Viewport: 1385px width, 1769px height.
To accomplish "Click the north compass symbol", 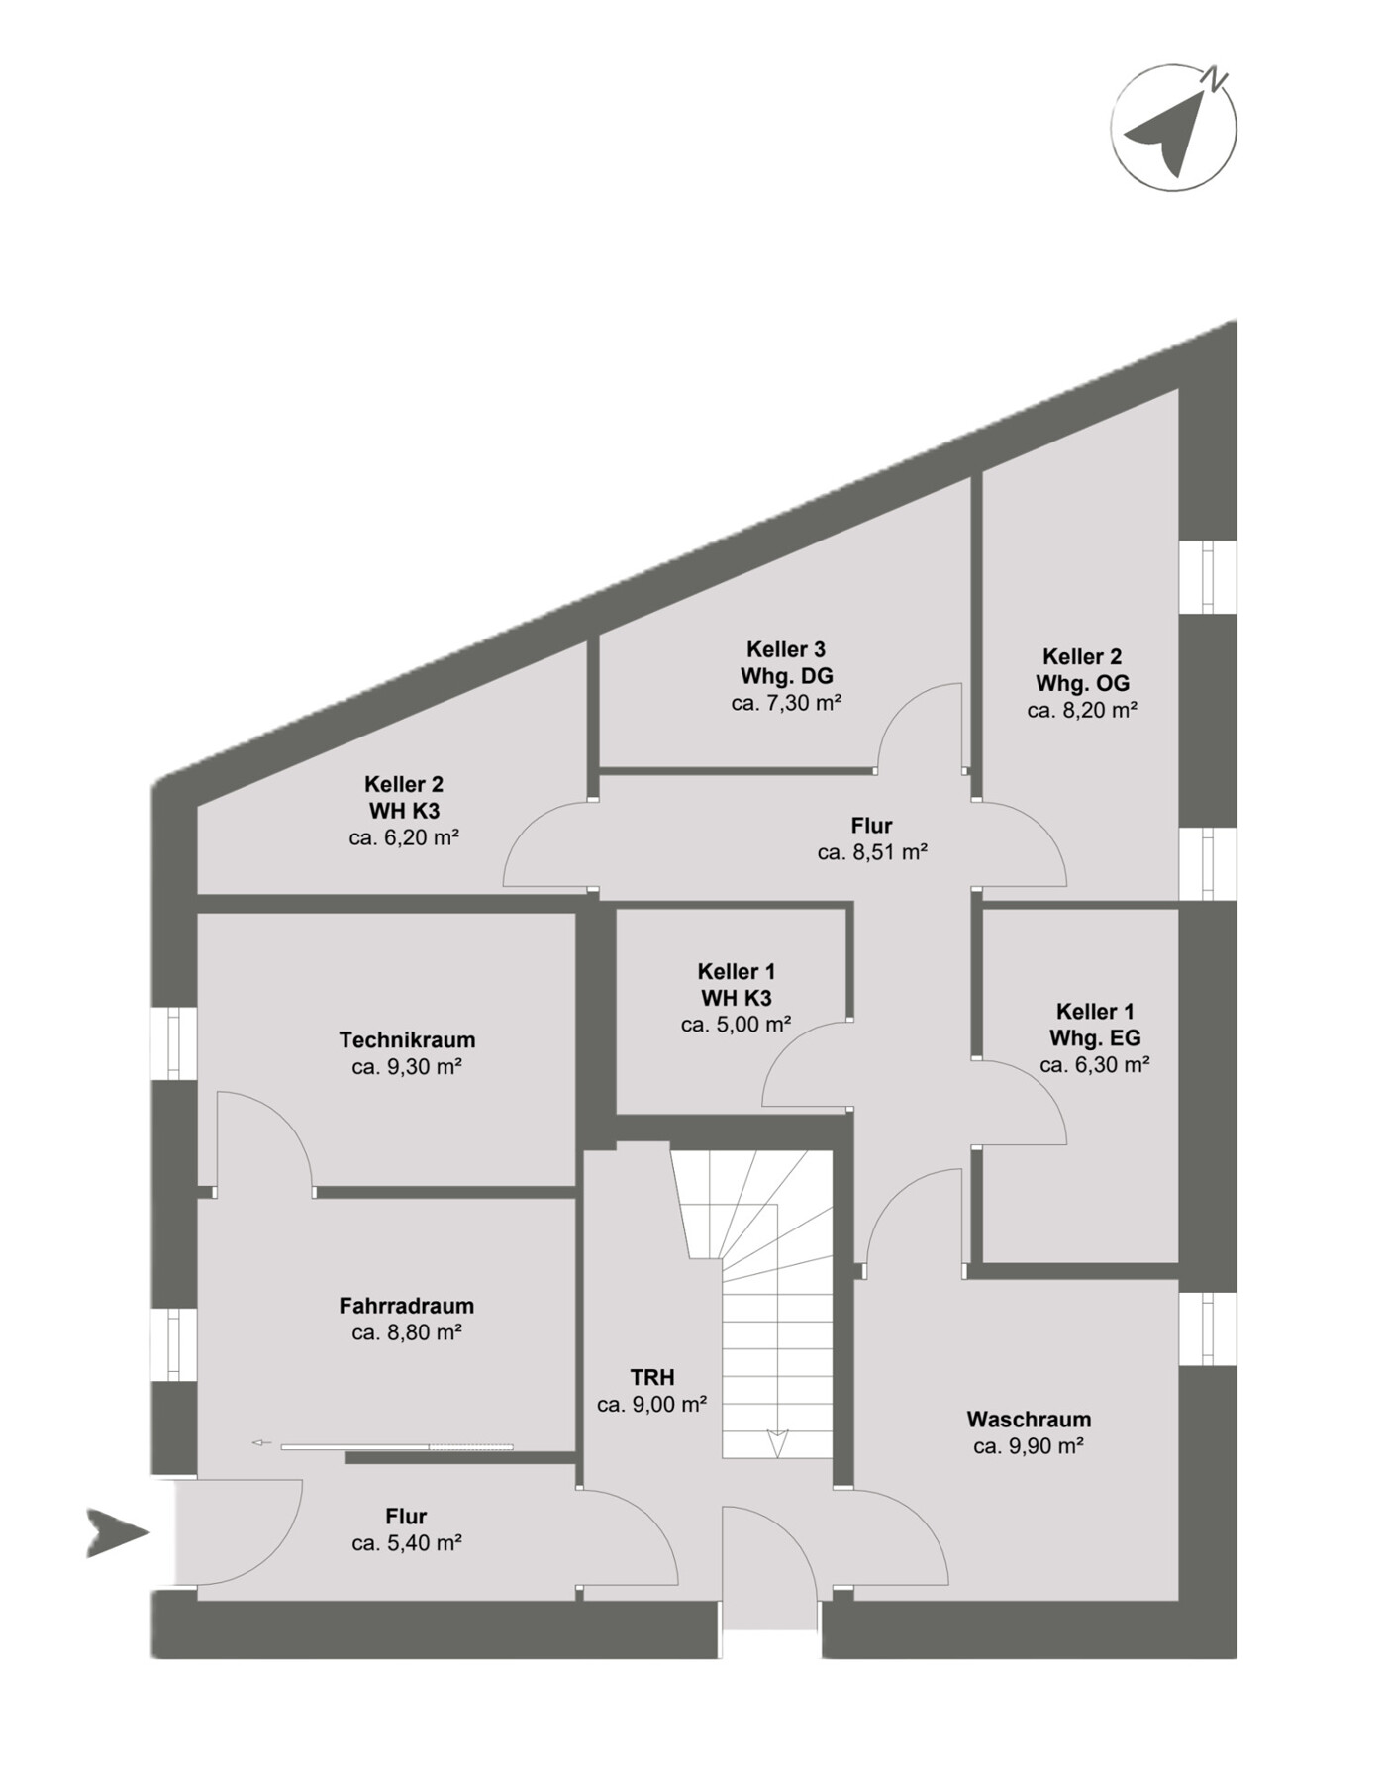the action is click(x=1174, y=128).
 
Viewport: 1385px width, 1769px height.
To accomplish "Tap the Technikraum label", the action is click(x=407, y=1040).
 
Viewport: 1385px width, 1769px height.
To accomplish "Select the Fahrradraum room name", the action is click(x=407, y=1306).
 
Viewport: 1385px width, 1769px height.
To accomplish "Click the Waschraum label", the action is click(x=1029, y=1420).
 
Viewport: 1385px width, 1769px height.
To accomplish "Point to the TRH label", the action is click(x=652, y=1377).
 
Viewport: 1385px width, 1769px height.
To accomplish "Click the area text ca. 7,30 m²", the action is click(x=787, y=704).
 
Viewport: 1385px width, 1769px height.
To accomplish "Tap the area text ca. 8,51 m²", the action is click(x=872, y=852).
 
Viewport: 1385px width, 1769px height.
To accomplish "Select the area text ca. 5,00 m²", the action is click(x=736, y=1025).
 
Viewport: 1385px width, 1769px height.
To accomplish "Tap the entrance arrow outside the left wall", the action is click(x=118, y=1533).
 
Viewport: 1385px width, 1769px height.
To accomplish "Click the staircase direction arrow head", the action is click(x=777, y=1442).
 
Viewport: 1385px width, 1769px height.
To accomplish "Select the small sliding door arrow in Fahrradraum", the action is click(x=261, y=1442).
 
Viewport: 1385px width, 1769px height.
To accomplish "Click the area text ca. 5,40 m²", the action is click(x=407, y=1543).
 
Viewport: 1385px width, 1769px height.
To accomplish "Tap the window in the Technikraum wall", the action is click(x=174, y=1043).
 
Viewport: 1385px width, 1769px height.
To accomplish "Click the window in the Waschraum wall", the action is click(x=1208, y=1328).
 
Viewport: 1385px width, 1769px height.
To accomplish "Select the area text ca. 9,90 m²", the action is click(x=1029, y=1446).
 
